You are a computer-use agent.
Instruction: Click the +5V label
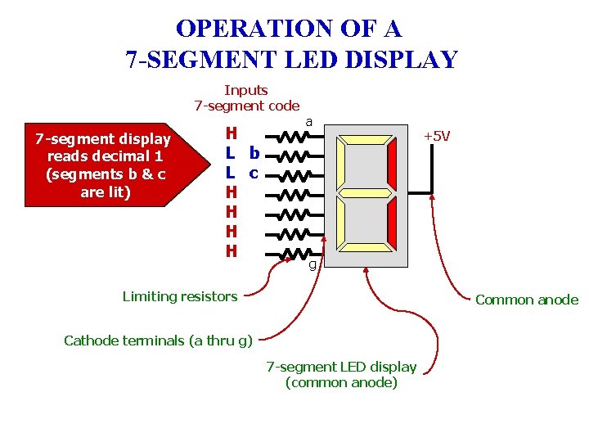pos(436,136)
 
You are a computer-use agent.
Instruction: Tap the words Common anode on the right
pos(527,300)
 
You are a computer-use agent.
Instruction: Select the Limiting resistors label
pos(180,296)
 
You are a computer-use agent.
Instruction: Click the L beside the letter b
pos(232,153)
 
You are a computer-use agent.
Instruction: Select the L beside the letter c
pos(232,174)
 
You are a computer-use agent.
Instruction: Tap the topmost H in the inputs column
pos(232,133)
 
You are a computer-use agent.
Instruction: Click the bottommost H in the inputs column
pos(232,251)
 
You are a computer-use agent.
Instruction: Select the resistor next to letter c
pos(292,174)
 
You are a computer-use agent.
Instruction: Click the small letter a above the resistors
pos(308,121)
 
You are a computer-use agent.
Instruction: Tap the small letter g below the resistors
pos(312,264)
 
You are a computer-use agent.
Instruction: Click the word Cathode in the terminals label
pos(89,341)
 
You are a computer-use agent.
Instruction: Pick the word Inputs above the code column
pos(246,90)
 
